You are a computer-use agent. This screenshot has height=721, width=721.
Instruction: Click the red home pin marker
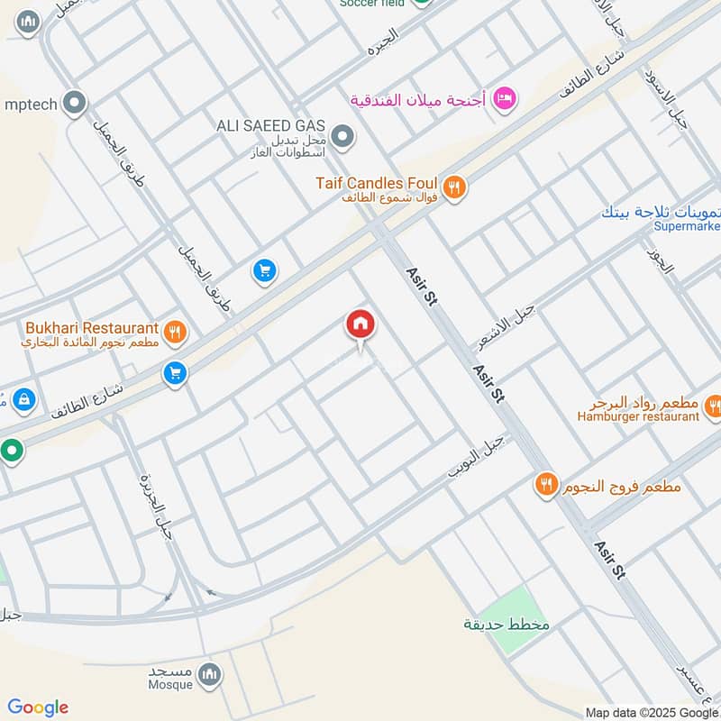(x=360, y=325)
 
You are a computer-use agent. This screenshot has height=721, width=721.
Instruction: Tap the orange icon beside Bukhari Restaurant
(x=176, y=331)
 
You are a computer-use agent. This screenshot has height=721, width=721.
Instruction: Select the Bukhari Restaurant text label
(x=93, y=328)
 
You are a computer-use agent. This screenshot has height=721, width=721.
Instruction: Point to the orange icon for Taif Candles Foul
(x=455, y=187)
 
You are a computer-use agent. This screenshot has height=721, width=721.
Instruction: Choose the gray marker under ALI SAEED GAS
(x=342, y=138)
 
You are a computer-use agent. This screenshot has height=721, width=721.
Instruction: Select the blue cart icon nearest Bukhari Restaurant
(x=176, y=372)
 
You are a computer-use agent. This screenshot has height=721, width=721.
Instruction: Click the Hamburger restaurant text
(x=640, y=416)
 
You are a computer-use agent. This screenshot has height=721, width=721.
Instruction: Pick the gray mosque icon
(x=209, y=674)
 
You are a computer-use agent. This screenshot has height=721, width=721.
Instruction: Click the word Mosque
(x=170, y=685)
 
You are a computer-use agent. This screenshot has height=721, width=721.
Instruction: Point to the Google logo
(x=38, y=707)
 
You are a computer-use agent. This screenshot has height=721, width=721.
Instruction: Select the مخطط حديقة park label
(x=507, y=625)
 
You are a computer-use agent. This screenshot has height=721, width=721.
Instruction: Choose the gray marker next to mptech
(x=76, y=104)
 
